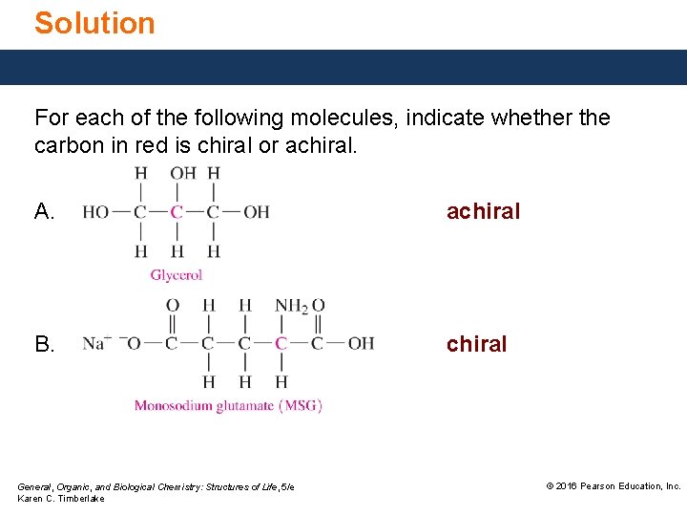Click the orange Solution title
tap(94, 23)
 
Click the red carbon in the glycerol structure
tap(177, 212)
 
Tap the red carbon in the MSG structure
tap(281, 343)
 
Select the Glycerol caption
tap(177, 275)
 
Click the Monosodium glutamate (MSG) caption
tap(228, 405)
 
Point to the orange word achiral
tap(484, 211)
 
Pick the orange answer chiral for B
tap(477, 344)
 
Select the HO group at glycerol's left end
tap(95, 212)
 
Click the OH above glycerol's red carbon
tap(181, 173)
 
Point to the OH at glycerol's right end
tap(256, 212)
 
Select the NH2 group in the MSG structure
tap(289, 306)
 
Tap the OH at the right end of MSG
tap(361, 343)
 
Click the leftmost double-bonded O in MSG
tap(173, 306)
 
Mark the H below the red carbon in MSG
tap(281, 381)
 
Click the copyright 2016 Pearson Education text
tap(613, 486)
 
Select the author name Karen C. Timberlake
tap(61, 499)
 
